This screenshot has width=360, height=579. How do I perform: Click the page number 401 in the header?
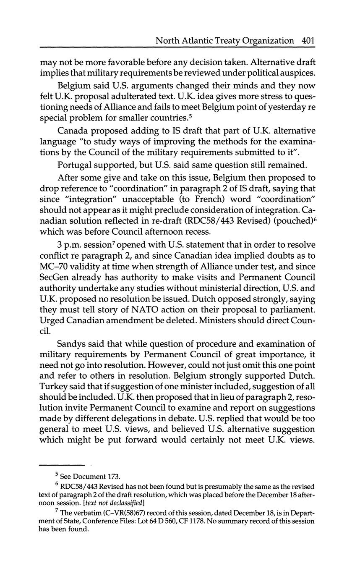[308, 41]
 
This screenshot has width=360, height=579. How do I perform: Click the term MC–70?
[54, 266]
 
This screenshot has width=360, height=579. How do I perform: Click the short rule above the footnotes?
[62, 465]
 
